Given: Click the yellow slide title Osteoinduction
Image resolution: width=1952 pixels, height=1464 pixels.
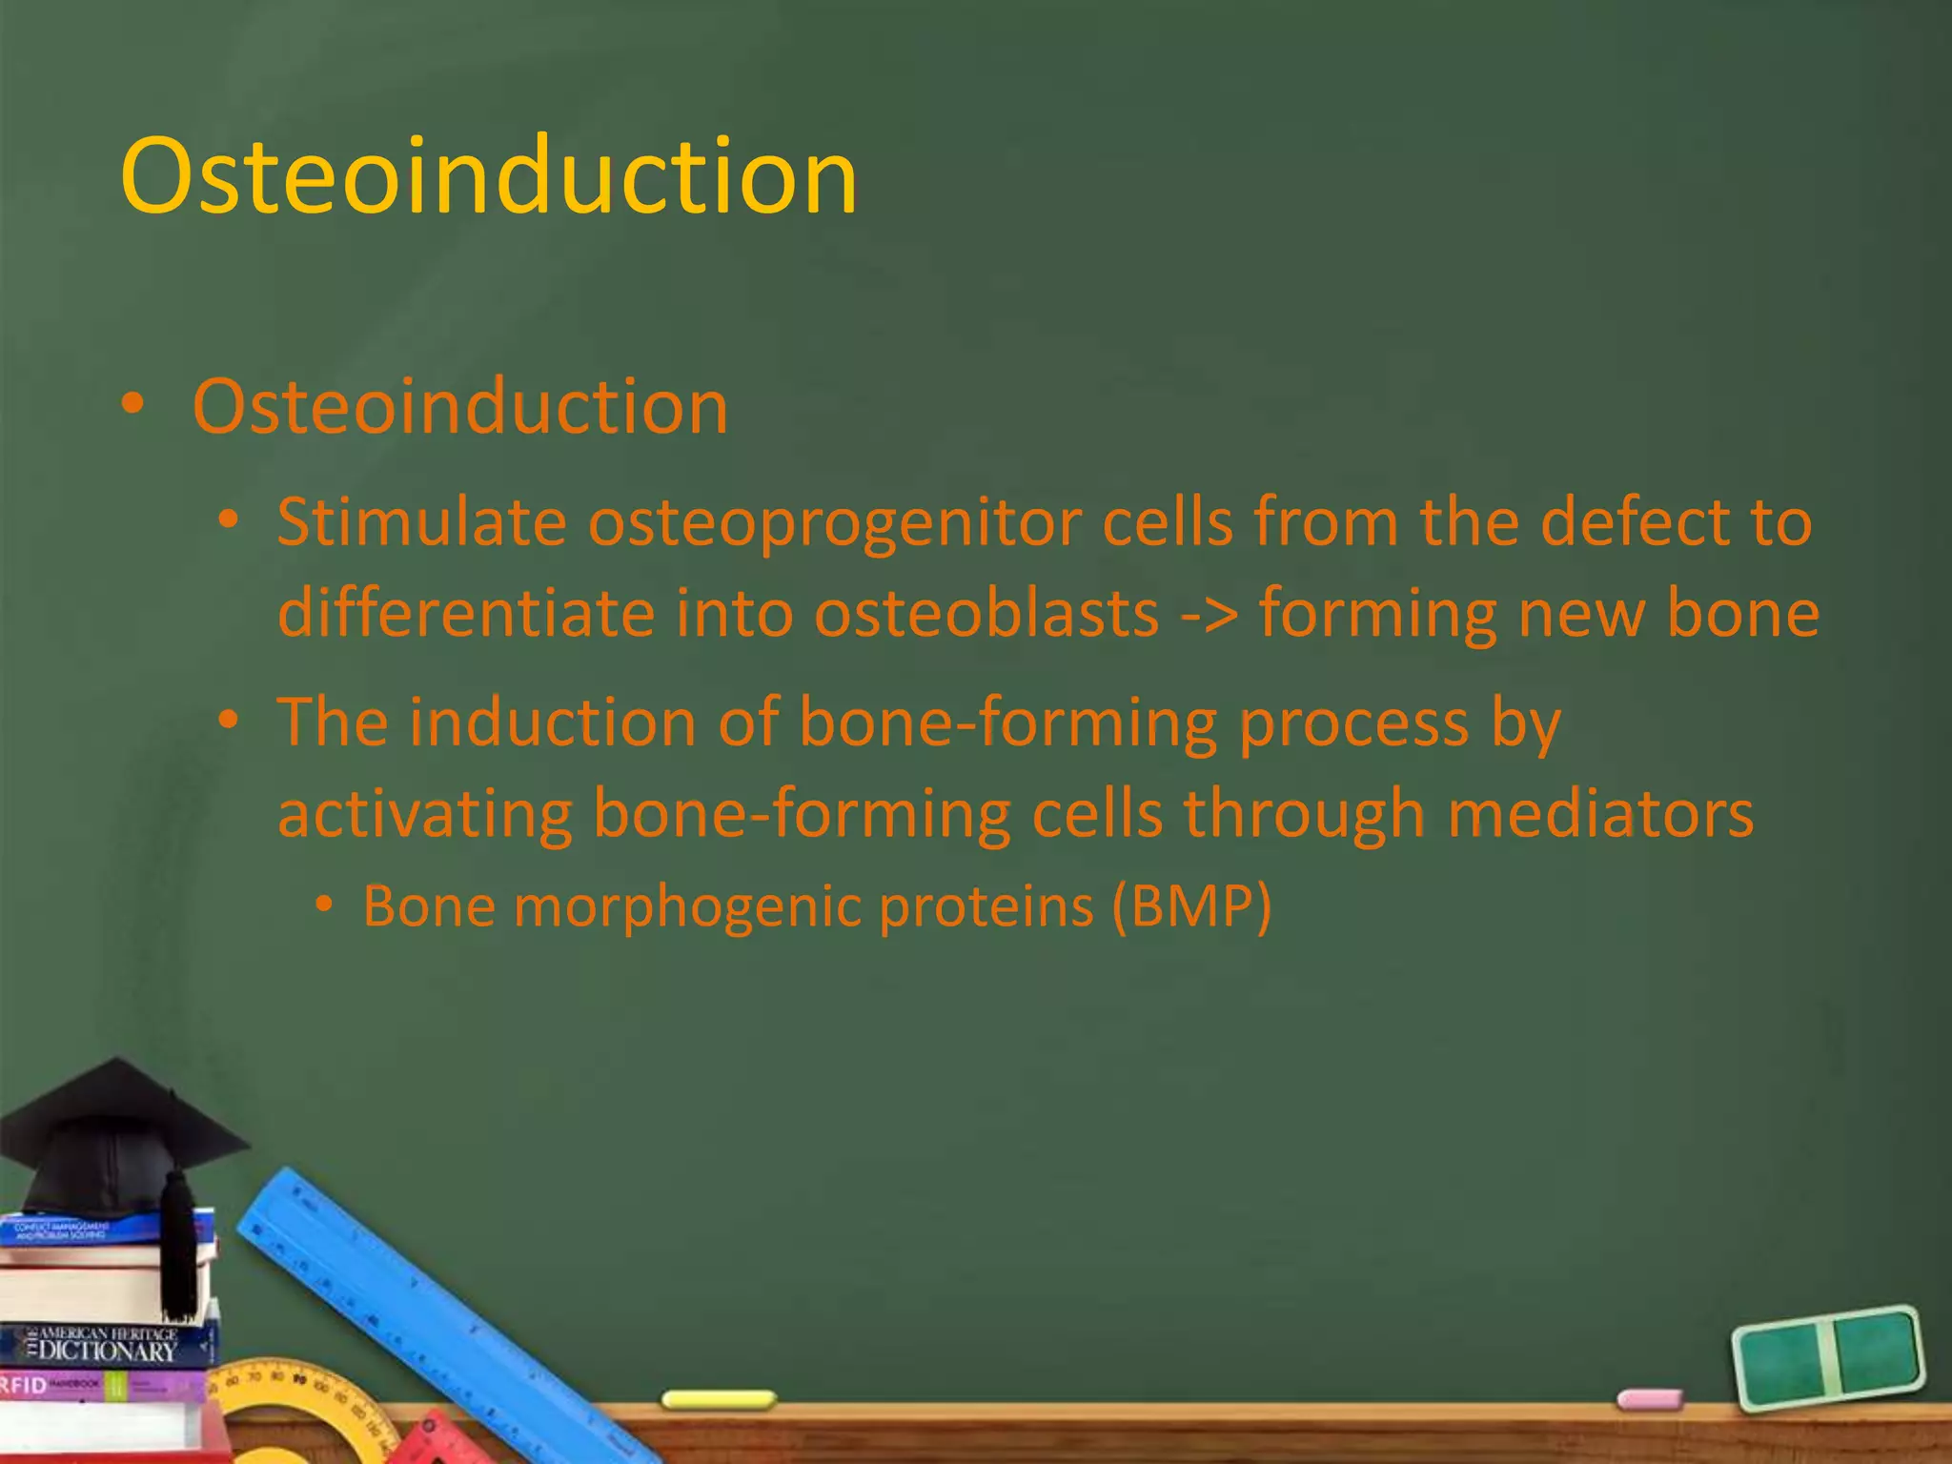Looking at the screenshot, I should tap(488, 176).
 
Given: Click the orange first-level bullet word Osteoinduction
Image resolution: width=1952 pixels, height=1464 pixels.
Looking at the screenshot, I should tap(460, 407).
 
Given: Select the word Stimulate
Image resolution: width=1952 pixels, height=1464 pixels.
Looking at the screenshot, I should tap(420, 523).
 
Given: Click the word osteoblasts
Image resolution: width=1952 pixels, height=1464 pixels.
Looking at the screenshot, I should tap(986, 613).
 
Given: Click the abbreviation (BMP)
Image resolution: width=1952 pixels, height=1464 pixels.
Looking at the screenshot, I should tap(1191, 906).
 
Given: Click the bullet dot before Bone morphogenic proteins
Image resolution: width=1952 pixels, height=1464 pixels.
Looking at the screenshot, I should tap(325, 905).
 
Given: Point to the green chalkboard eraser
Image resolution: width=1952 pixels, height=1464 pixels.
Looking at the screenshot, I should tap(1828, 1357).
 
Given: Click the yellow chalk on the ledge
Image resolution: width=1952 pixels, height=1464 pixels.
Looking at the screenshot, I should tap(719, 1400).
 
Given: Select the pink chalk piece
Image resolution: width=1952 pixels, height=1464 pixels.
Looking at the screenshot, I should tap(1650, 1399).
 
